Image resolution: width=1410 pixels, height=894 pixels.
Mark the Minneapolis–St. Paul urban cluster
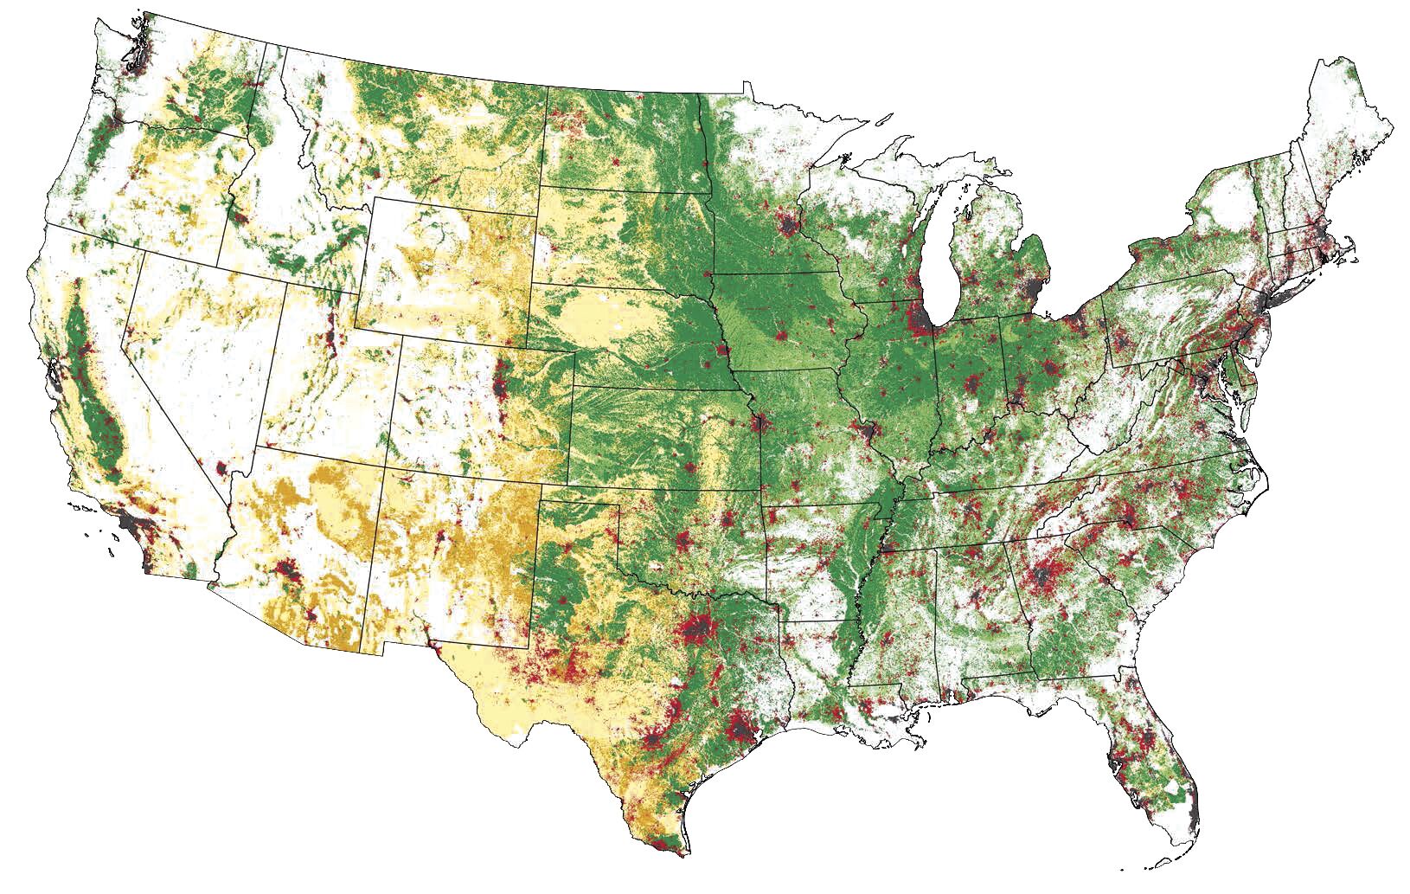click(788, 228)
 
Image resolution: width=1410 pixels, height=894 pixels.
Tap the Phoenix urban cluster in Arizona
click(286, 570)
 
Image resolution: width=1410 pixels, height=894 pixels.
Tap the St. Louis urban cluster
click(868, 429)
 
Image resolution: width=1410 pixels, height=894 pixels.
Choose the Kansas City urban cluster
click(759, 424)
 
